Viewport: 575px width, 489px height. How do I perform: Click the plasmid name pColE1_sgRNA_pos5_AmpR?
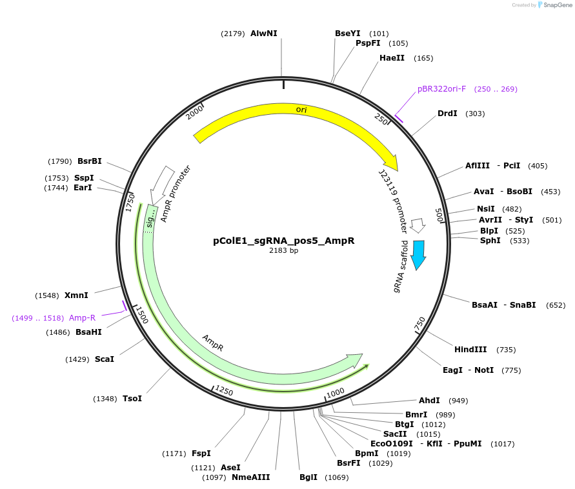click(x=283, y=241)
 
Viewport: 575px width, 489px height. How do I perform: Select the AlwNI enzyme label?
click(x=263, y=33)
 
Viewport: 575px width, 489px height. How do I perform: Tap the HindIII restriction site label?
click(x=470, y=350)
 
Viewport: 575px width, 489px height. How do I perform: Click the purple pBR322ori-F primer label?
click(x=441, y=89)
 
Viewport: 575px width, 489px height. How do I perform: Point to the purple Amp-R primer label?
click(x=82, y=318)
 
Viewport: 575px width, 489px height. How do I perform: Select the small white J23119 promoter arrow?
click(x=418, y=225)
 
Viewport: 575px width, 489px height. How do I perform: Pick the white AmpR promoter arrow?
click(x=159, y=185)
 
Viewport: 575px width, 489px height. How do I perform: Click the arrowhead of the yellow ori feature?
click(x=391, y=163)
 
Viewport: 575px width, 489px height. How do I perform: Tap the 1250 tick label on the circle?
click(x=224, y=390)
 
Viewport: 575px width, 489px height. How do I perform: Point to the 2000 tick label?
click(x=194, y=112)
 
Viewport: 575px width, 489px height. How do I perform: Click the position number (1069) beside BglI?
click(x=337, y=478)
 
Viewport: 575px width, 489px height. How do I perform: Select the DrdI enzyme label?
click(x=447, y=114)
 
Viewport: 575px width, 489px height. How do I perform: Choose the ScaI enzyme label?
click(x=104, y=359)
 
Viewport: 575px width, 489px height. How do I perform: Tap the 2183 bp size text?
click(x=283, y=251)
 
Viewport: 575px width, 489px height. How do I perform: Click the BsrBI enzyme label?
click(x=89, y=161)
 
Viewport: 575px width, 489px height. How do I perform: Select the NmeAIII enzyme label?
click(x=250, y=477)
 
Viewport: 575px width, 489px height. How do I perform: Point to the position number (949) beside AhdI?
click(x=458, y=400)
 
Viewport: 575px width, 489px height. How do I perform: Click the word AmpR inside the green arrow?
click(x=213, y=343)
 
